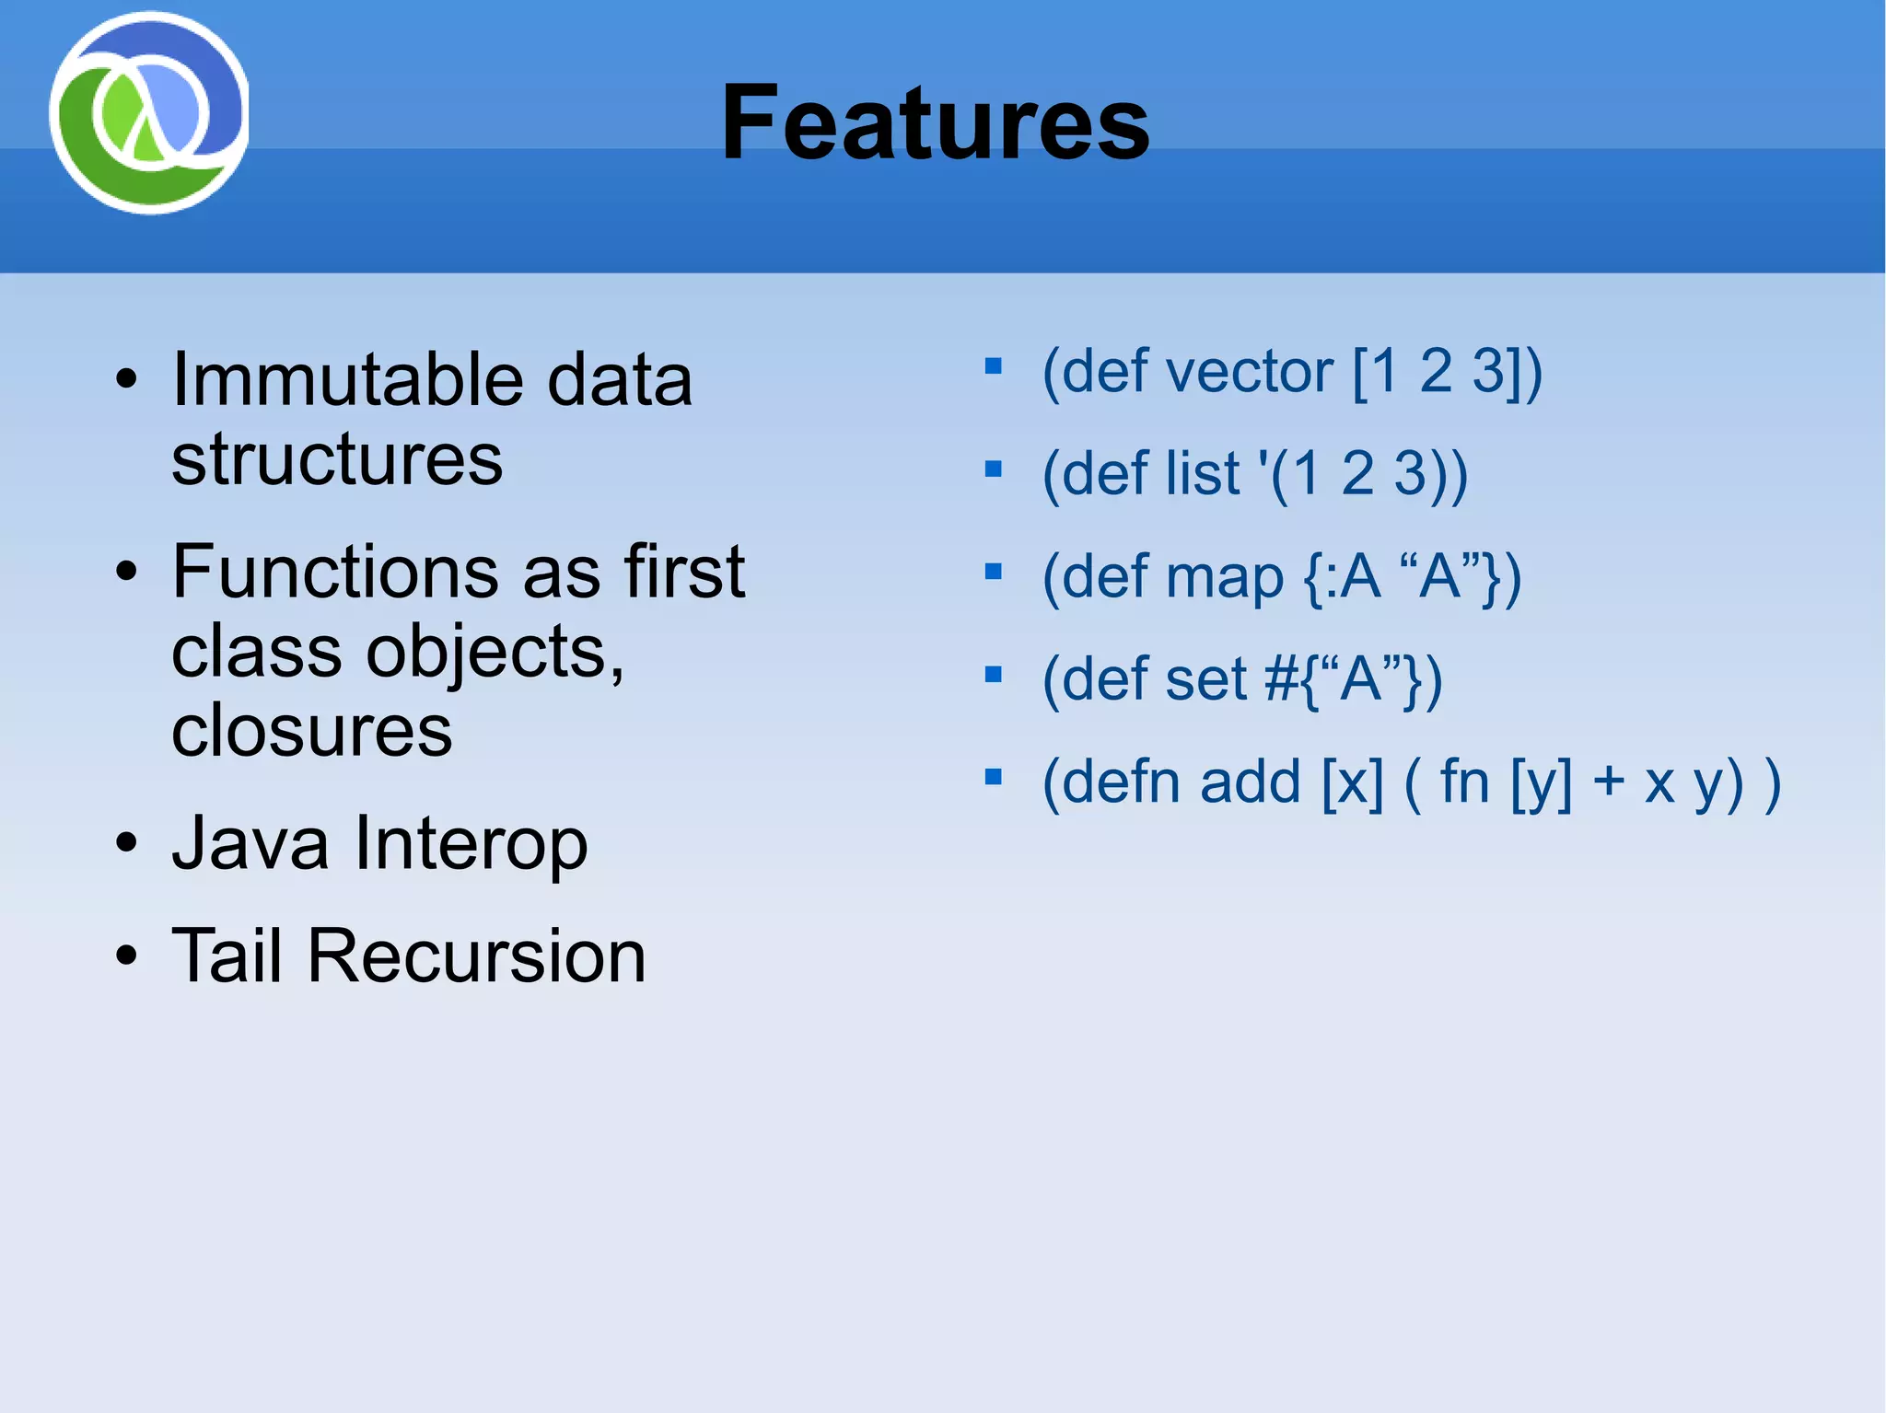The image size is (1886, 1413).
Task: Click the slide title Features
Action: coord(935,122)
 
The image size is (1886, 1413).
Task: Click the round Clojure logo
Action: coord(149,113)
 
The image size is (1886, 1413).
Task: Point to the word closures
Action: coord(311,731)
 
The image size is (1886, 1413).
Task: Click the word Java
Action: coord(250,843)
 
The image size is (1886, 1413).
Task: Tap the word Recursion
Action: coord(476,956)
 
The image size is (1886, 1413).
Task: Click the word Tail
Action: coord(227,956)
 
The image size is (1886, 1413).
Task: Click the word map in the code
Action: coord(1224,578)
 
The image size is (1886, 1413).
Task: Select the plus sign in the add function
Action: coord(1609,782)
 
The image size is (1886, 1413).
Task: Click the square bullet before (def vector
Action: coord(993,367)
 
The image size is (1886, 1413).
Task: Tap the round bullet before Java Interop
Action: coord(127,843)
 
